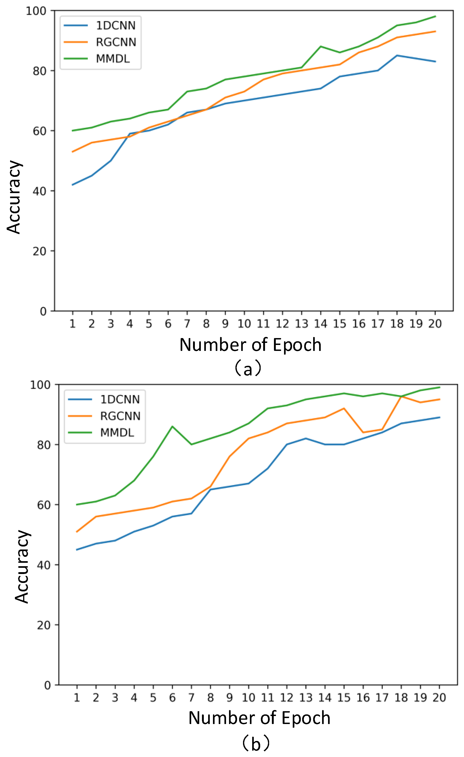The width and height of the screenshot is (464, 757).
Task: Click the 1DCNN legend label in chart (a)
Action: coord(116,25)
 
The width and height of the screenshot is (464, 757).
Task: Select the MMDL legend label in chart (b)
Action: coord(117,433)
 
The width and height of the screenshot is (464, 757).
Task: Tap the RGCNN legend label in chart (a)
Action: coord(116,42)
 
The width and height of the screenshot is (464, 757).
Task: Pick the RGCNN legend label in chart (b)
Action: coord(120,416)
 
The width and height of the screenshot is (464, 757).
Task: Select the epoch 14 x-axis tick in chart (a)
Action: coord(320,323)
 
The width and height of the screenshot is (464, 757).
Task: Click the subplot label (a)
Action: coord(248,369)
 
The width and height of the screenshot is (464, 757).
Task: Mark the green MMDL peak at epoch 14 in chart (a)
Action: coord(320,46)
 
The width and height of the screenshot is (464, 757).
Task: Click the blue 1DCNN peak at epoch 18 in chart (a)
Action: coord(397,55)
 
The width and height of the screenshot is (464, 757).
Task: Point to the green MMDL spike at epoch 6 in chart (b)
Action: coord(172,426)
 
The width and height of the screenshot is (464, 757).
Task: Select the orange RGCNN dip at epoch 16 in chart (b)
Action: coord(363,433)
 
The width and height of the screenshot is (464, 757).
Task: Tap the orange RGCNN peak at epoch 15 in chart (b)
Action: coord(344,408)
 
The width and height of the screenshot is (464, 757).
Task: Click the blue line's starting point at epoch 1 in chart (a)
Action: coord(73,185)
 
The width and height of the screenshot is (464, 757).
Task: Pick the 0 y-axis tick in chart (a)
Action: coord(43,311)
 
